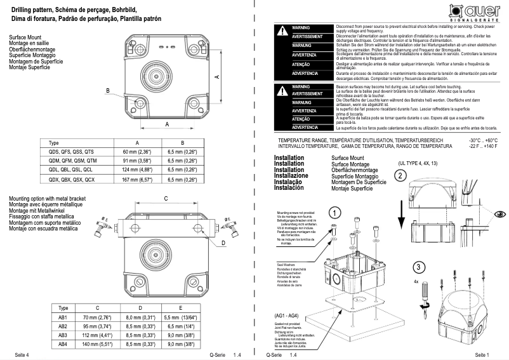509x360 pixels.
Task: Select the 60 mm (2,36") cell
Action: [137, 152]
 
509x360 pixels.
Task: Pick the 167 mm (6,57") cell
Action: [137, 180]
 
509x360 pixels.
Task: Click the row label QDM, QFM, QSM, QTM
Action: [71, 161]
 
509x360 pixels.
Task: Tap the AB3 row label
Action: [63, 335]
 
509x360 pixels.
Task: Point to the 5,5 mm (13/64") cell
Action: [180, 316]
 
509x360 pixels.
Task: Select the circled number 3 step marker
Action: [417, 266]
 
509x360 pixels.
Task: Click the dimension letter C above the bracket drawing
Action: [166, 199]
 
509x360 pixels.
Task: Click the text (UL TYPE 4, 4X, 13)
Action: [418, 164]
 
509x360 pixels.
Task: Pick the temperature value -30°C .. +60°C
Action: [483, 139]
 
